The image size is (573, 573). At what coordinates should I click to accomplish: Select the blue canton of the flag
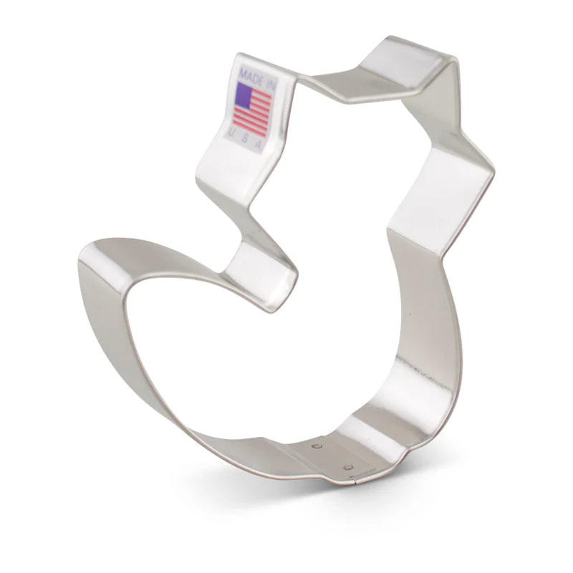click(x=244, y=94)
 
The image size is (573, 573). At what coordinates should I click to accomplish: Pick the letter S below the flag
click(x=244, y=139)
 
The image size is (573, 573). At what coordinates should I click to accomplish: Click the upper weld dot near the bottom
click(x=317, y=446)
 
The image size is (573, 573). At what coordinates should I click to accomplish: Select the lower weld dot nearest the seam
click(x=347, y=467)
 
